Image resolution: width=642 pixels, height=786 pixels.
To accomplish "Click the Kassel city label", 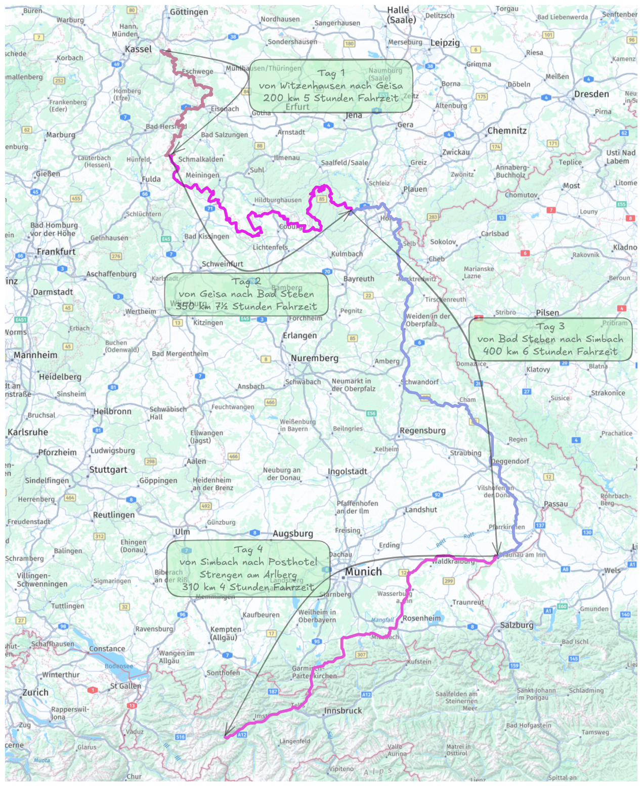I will pos(138,49).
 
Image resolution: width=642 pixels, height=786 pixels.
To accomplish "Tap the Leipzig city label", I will pos(445,43).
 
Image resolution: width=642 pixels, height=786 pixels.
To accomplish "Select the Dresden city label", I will pos(591,94).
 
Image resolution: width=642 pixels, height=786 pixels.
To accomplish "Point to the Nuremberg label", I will pos(314,358).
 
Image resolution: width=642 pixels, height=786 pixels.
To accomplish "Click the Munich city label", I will pos(363,572).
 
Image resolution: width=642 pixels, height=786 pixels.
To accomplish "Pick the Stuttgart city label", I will pos(108,470).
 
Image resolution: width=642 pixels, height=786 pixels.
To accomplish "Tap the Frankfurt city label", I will pos(56,252).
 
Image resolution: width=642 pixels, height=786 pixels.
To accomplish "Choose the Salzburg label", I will pos(517,625).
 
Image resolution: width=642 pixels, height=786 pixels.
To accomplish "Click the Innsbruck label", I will pos(343,711).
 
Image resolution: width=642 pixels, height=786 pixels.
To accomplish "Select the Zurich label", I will pos(35,692).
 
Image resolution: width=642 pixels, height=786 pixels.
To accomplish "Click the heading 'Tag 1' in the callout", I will pos(331,73).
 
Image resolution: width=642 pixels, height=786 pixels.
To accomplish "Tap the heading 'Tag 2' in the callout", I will pos(246,281).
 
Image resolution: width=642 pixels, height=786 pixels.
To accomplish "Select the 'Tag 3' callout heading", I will pos(550,326).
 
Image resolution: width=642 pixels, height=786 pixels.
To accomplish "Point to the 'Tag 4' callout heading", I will pos(248,549).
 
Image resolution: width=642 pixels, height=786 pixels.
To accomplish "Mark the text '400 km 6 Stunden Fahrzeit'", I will pos(550,352).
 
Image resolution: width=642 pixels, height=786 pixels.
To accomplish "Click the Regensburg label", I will pos(422,431).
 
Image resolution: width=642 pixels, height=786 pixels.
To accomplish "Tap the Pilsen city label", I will pos(547,313).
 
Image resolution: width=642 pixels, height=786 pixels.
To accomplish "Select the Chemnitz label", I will pos(506,131).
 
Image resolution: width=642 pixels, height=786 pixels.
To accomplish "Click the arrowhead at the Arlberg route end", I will pos(226,735).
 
